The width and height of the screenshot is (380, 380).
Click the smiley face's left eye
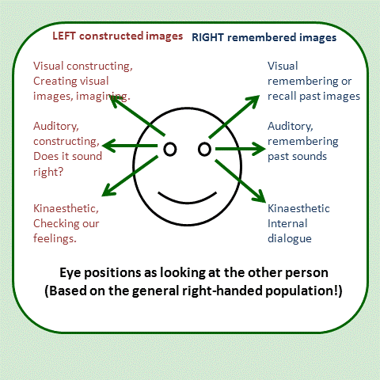(x=169, y=148)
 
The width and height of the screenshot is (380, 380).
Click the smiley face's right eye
(x=203, y=148)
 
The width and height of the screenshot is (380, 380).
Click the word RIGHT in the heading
(x=208, y=36)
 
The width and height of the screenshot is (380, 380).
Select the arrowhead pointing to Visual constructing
(x=115, y=101)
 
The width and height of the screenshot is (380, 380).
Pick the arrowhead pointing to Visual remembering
(x=255, y=101)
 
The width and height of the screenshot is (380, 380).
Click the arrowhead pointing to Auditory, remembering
(x=258, y=148)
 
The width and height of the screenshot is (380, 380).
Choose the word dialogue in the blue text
(x=290, y=237)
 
